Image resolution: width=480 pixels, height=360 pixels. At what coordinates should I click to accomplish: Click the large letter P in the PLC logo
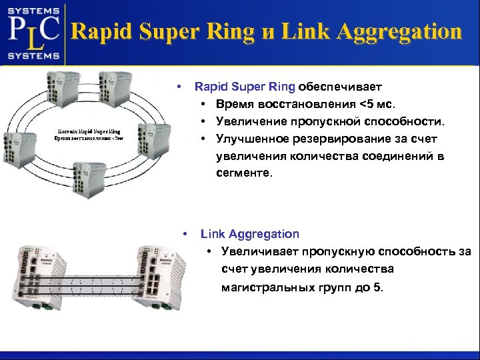point(17,30)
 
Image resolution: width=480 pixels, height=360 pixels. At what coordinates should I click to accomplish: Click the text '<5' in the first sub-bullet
point(367,105)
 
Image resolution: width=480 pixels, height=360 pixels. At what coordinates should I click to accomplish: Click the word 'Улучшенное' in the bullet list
point(250,139)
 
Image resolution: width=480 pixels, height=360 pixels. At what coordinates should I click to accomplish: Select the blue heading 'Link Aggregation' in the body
point(250,234)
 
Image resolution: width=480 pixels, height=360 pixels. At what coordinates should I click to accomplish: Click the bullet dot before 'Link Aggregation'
point(185,234)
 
